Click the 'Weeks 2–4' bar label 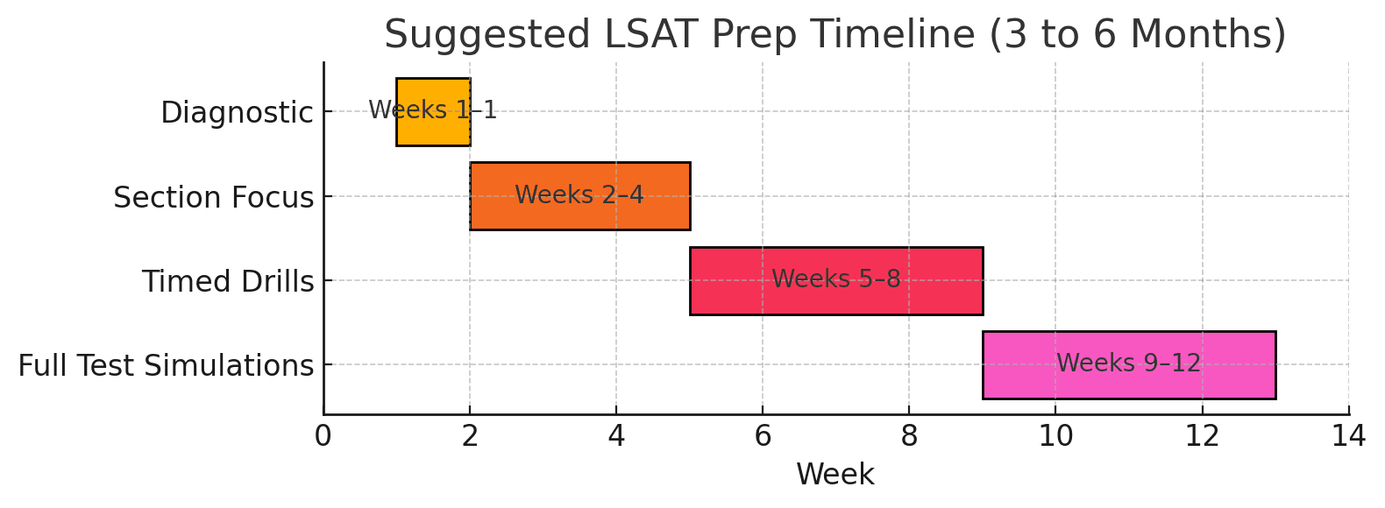[579, 194]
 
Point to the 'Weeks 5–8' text [835, 279]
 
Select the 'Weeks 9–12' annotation [1128, 363]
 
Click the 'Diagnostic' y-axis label [237, 113]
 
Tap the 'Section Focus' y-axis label [213, 197]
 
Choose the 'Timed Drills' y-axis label [228, 281]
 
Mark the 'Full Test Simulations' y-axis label [166, 365]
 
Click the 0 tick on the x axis [323, 435]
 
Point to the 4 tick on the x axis [616, 435]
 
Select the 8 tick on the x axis [909, 435]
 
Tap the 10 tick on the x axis [1055, 435]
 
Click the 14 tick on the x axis [1348, 435]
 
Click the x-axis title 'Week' [835, 474]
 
